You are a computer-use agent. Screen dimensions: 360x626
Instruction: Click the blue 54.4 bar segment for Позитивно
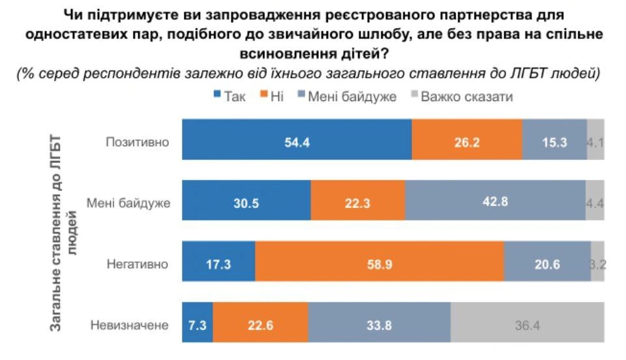point(297,140)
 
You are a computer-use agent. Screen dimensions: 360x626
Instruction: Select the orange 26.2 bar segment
point(467,140)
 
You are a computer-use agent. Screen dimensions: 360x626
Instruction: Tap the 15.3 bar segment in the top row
point(554,140)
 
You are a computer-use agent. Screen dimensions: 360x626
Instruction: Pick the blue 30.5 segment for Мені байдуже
point(246,202)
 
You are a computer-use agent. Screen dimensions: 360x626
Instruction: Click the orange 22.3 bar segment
point(358,202)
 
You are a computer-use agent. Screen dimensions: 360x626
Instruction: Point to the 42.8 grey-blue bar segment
point(495,202)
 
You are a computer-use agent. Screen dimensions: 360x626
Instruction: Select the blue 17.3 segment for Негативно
point(218,264)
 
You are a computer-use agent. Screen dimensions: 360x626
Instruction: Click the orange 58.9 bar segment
point(380,264)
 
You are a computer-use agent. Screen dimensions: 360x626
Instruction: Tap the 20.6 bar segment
point(547,264)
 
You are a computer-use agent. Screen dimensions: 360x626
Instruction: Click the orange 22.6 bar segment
point(260,325)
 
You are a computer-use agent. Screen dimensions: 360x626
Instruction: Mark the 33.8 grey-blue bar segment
point(379,325)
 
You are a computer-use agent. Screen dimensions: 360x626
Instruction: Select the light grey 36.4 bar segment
point(527,325)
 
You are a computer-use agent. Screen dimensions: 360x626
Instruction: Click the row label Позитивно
point(137,141)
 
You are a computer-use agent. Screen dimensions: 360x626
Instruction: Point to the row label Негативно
point(137,264)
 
